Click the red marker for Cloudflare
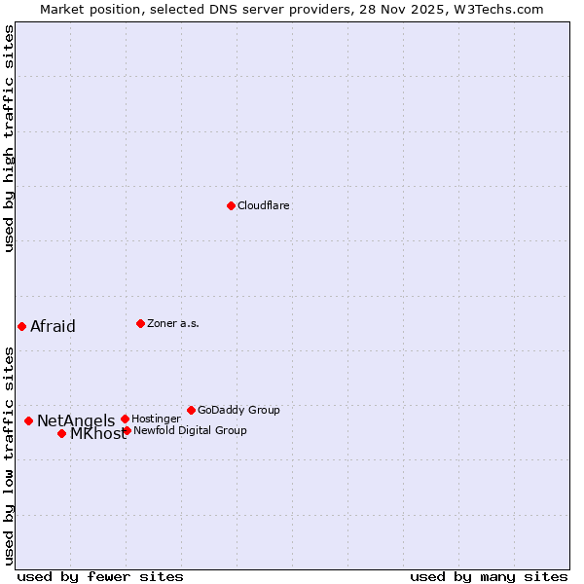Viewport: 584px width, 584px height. [231, 205]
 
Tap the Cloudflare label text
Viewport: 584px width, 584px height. [264, 206]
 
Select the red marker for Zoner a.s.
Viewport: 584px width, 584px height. [140, 323]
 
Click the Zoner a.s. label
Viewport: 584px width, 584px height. [173, 324]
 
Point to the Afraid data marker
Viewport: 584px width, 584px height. [21, 326]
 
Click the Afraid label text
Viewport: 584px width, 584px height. [53, 327]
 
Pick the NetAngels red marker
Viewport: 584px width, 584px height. [28, 420]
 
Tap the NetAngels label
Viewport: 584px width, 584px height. [76, 421]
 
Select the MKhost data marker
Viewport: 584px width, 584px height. [61, 433]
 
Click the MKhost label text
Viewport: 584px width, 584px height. [97, 434]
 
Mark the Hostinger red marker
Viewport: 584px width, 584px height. [125, 419]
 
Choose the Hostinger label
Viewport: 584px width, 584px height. [156, 420]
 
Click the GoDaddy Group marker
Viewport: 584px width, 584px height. [191, 410]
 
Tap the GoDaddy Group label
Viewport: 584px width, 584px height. [238, 411]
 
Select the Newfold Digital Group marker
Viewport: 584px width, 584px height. [127, 430]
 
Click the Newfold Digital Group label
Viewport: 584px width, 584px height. [190, 431]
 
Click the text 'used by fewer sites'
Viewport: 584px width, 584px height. [100, 576]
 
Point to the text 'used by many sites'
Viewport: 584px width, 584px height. [489, 576]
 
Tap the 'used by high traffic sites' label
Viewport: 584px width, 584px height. [9, 138]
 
